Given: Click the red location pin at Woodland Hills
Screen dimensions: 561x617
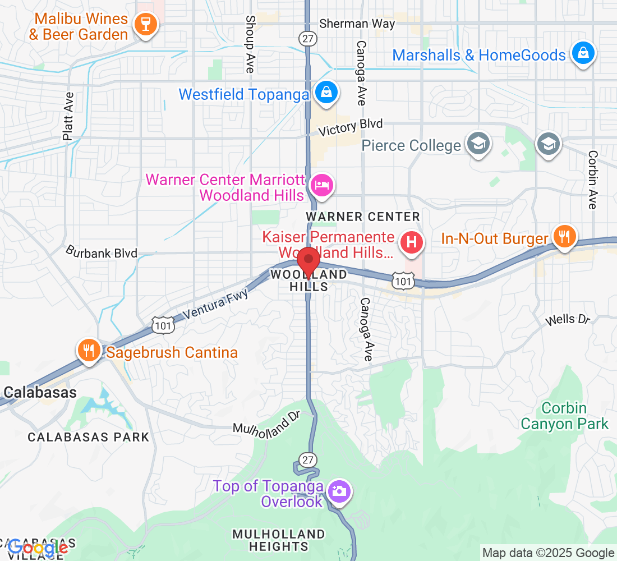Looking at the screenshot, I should click(x=308, y=261).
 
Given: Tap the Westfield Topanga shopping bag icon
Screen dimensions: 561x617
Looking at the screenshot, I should click(x=325, y=93).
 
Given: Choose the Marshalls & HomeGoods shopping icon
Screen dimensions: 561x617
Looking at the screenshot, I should click(x=583, y=54).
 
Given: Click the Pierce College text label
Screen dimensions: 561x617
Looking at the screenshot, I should click(x=411, y=146).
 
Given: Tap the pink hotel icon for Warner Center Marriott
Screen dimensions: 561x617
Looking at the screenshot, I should click(x=321, y=184).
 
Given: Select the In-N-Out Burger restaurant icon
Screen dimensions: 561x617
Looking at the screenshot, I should click(x=563, y=236).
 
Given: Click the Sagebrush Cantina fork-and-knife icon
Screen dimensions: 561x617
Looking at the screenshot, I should click(x=89, y=351).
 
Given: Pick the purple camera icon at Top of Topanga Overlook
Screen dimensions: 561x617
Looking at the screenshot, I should click(x=339, y=491).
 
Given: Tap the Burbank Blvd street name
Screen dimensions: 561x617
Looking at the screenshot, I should click(x=102, y=252).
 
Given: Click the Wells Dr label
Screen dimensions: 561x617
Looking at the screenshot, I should click(x=568, y=320).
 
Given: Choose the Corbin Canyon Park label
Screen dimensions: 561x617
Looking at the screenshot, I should click(x=564, y=416).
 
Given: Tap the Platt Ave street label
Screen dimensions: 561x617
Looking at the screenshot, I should click(x=68, y=116).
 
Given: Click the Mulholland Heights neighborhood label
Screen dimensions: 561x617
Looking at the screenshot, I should click(x=279, y=540).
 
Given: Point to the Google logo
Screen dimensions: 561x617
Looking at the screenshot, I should click(x=38, y=547).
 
